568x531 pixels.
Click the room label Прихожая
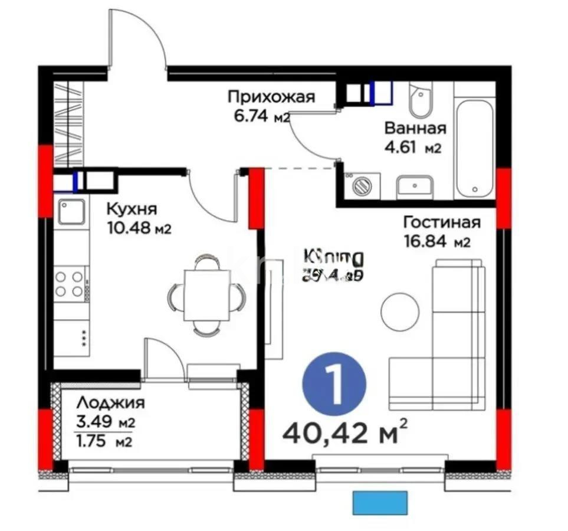[x=271, y=97]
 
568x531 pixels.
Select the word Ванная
[x=415, y=128]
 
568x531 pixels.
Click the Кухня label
[x=132, y=209]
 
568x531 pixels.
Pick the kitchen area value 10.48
[x=128, y=228]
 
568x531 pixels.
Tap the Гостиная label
[x=442, y=222]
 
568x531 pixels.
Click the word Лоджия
[x=111, y=404]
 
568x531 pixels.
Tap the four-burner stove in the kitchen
[x=70, y=283]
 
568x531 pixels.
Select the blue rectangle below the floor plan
[x=380, y=502]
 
